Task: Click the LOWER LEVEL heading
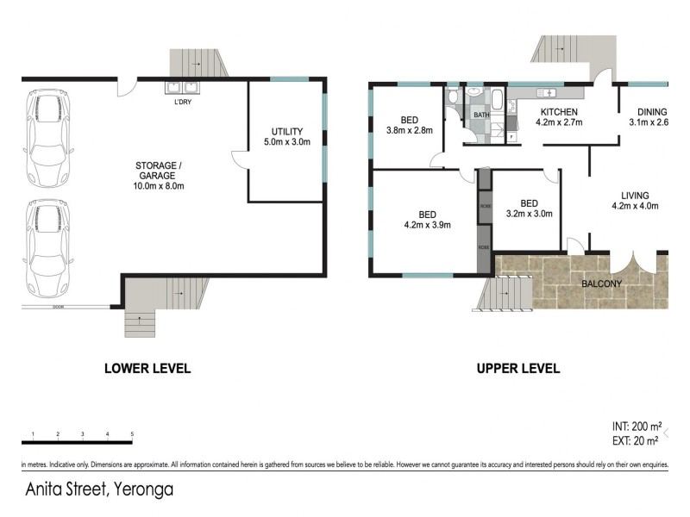pyautogui.click(x=147, y=368)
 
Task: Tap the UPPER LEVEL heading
pyautogui.click(x=518, y=368)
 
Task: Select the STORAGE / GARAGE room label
pyautogui.click(x=160, y=176)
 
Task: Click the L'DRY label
pyautogui.click(x=182, y=103)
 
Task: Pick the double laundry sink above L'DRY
pyautogui.click(x=182, y=87)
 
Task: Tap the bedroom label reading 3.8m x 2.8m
pyautogui.click(x=409, y=126)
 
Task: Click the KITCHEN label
pyautogui.click(x=559, y=117)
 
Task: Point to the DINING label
pyautogui.click(x=651, y=117)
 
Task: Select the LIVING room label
pyautogui.click(x=634, y=201)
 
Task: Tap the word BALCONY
pyautogui.click(x=603, y=283)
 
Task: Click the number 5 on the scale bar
pyautogui.click(x=132, y=433)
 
